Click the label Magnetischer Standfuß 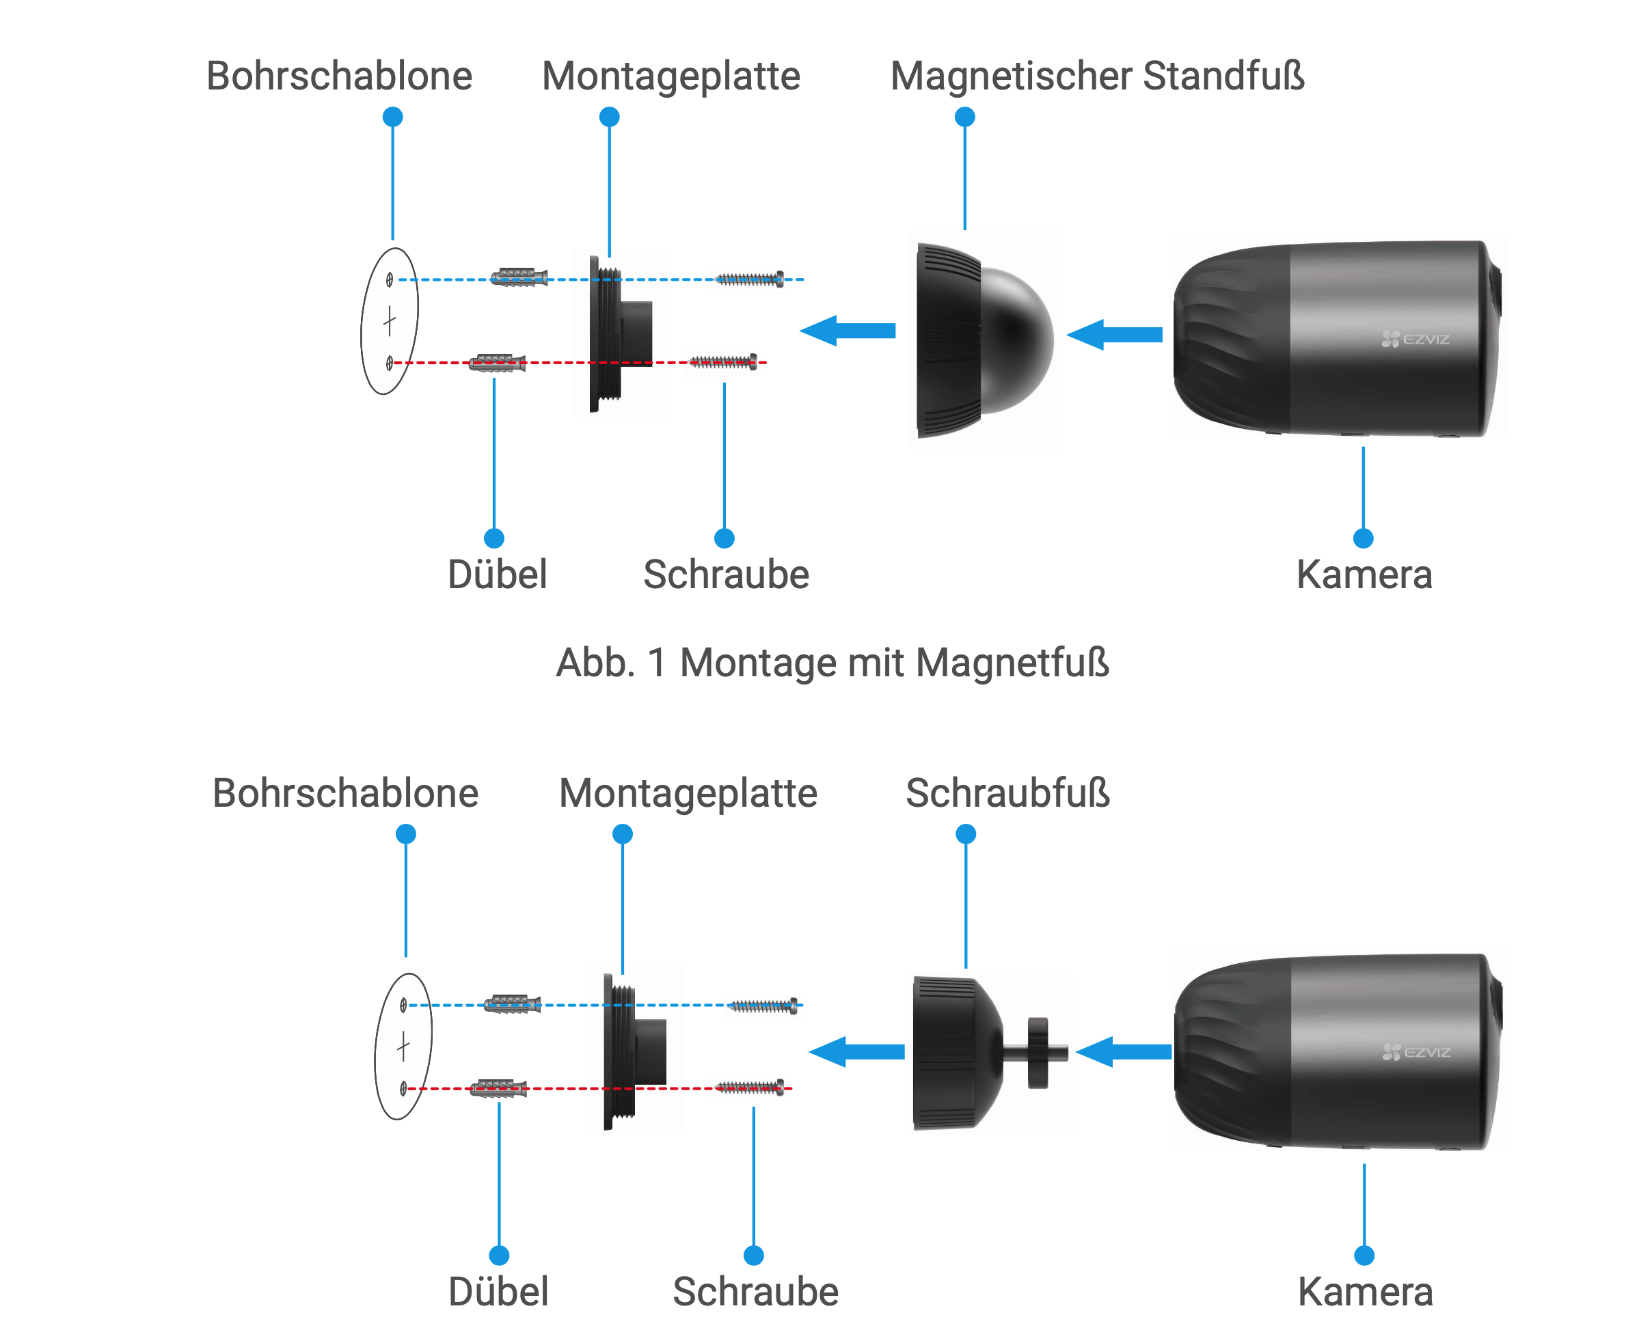1096,76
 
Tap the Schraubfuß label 1007,793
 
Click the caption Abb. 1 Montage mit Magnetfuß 832,663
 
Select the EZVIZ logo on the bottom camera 1415,1052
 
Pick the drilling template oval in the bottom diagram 403,1046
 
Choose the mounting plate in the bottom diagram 634,1052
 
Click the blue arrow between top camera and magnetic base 1114,335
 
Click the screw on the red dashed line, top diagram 724,362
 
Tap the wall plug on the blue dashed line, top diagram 519,277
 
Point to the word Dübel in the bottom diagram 498,1291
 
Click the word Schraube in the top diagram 726,574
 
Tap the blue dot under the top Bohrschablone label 393,117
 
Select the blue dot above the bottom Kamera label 1364,1255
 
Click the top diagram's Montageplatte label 671,76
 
